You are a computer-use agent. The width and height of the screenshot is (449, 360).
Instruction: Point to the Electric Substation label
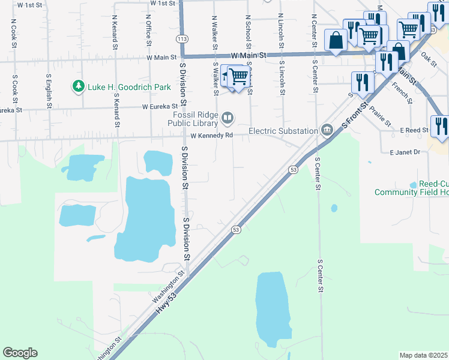pos(283,131)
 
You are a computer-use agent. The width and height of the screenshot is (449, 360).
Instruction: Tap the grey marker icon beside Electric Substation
pos(327,130)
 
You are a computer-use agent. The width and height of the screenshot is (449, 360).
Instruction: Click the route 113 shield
pos(181,38)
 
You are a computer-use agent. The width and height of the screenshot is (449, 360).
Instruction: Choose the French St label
pos(400,93)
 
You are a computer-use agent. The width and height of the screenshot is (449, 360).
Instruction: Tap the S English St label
pos(49,89)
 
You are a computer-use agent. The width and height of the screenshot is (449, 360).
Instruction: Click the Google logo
pos(20,353)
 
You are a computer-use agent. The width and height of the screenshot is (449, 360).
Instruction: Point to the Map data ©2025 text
pos(423,355)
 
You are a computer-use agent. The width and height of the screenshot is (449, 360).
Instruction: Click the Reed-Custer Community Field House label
pos(412,188)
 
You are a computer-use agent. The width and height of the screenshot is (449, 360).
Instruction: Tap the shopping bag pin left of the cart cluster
pos(336,41)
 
